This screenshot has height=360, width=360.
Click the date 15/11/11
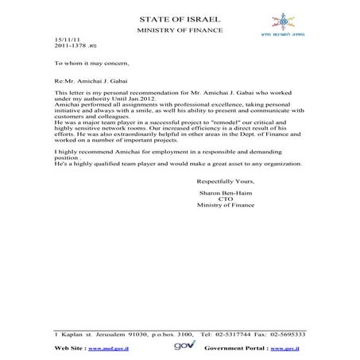coord(66,39)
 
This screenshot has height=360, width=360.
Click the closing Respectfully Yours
coord(226,182)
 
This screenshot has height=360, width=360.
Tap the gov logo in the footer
coord(180,347)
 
